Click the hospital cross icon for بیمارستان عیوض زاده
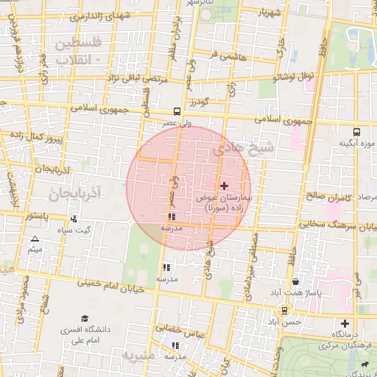click(225, 186)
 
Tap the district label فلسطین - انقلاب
click(77, 52)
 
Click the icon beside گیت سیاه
click(74, 219)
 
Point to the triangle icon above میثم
click(35, 239)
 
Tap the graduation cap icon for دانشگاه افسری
click(85, 318)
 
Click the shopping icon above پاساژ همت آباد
click(295, 281)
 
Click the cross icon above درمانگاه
click(344, 323)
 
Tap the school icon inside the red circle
click(172, 217)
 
